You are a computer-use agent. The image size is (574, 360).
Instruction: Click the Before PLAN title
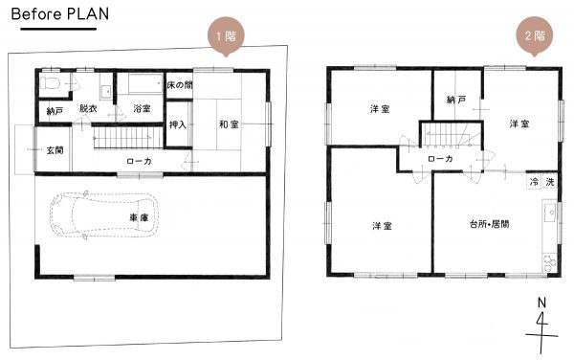tap(60, 14)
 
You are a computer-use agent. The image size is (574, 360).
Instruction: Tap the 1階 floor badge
tap(226, 36)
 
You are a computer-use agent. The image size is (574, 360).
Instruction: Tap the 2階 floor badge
tap(535, 35)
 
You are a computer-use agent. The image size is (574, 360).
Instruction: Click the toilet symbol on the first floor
tap(50, 82)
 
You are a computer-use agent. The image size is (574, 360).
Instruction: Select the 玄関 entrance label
tap(55, 150)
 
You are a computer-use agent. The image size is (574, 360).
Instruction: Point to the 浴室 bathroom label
tap(142, 109)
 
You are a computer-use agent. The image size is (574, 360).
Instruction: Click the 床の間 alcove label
tap(180, 85)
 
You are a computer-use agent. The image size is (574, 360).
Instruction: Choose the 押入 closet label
tap(178, 124)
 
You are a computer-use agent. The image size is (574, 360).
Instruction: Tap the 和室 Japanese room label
tap(229, 124)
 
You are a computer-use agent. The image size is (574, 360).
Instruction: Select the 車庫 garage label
tap(139, 218)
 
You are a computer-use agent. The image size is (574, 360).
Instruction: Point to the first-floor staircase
tap(128, 138)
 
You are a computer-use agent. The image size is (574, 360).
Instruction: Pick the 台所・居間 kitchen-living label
tap(490, 224)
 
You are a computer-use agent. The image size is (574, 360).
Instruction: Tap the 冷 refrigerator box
tap(534, 182)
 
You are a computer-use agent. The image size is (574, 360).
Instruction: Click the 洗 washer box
tap(549, 182)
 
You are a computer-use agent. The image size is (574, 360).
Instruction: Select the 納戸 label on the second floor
tap(456, 100)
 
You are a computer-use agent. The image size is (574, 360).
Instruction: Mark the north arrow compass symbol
tap(541, 326)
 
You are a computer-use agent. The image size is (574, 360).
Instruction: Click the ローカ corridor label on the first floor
tap(139, 161)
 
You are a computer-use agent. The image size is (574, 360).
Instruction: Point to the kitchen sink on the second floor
tap(549, 213)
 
